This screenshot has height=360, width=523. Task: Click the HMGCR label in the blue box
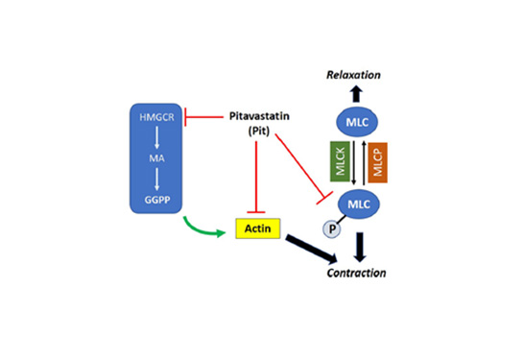(x=155, y=117)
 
